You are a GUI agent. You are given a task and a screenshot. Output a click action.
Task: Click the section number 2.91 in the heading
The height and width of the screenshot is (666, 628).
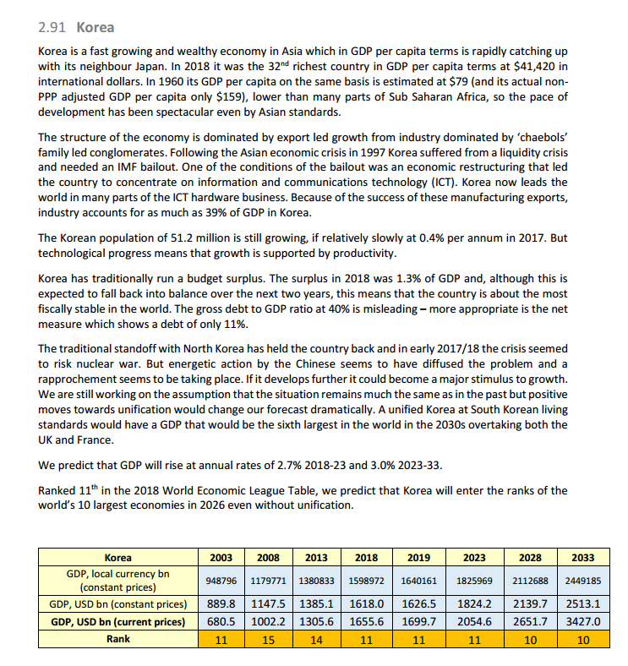coord(53,27)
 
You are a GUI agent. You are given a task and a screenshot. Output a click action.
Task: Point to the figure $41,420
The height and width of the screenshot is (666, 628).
coord(536,66)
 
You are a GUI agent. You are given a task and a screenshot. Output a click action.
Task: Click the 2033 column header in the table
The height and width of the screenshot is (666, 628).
coord(582,557)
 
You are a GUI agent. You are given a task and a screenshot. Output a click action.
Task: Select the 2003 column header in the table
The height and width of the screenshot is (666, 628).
coord(221,557)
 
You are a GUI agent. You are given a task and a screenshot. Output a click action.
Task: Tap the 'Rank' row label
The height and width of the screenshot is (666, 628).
coord(117,639)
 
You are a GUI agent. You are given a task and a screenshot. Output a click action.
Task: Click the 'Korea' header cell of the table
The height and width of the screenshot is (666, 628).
coord(117,557)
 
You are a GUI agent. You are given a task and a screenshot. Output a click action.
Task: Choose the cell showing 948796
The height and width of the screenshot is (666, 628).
coord(221,581)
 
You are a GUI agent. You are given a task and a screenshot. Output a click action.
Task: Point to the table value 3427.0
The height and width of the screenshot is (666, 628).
coord(582,621)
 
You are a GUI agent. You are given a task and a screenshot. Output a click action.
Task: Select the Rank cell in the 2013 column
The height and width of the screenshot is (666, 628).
coord(317,639)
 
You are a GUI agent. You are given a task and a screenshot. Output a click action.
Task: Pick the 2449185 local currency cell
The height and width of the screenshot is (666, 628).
coord(582,581)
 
